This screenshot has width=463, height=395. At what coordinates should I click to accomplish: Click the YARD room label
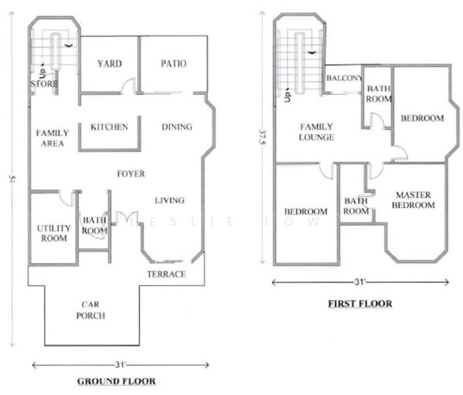(110, 64)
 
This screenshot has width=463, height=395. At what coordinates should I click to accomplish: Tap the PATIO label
(174, 64)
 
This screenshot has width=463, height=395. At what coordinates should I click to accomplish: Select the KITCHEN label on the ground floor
(109, 127)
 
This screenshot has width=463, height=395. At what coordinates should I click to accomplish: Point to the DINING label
(177, 127)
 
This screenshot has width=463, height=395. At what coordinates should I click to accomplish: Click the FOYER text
(131, 174)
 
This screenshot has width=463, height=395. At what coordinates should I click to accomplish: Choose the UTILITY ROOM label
(54, 233)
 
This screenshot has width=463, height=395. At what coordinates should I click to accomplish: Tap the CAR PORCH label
(91, 310)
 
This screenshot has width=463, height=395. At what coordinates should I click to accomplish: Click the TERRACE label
(166, 274)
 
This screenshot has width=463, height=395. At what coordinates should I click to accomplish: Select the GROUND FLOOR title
(116, 381)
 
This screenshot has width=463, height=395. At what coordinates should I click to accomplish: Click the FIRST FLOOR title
(360, 303)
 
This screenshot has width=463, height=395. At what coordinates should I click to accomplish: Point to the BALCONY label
(345, 78)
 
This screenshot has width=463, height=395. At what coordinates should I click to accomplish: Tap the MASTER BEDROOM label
(414, 200)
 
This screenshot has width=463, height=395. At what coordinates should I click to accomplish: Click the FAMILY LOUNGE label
(316, 132)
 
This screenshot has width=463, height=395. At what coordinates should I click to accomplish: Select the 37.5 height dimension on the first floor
(262, 138)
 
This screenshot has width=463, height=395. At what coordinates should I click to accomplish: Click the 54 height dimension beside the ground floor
(12, 179)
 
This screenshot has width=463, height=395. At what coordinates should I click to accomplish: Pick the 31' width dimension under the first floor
(359, 282)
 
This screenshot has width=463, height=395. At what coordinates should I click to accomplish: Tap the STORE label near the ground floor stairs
(44, 84)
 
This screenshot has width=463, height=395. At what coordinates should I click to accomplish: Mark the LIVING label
(170, 200)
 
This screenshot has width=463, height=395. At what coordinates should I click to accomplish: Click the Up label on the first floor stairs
(287, 95)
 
